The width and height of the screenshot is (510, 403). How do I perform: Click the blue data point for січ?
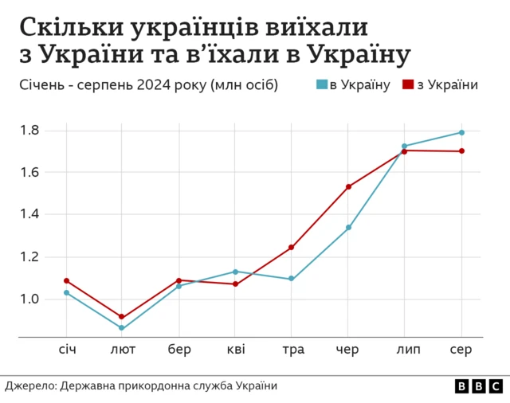tap(66, 292)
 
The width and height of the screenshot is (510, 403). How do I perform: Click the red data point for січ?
tap(66, 280)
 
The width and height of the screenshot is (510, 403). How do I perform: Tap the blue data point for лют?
tap(122, 327)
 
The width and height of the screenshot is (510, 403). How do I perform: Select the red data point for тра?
tap(292, 247)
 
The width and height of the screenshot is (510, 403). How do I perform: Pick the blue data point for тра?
tap(292, 279)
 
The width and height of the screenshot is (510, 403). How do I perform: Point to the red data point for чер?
tap(348, 186)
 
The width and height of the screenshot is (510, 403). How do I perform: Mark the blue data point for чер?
tap(348, 227)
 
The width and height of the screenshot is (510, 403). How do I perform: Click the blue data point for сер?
tap(461, 132)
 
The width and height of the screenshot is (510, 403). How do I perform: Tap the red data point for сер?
tap(461, 151)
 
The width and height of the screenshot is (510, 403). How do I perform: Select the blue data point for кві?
tap(235, 272)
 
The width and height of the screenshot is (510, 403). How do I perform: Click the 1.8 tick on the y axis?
tap(29, 130)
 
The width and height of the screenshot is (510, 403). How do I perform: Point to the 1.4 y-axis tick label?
tap(29, 214)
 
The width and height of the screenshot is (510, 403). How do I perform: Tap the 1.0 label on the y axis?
tap(29, 299)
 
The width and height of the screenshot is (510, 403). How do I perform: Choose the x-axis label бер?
tap(178, 350)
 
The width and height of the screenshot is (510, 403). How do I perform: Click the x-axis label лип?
tap(405, 350)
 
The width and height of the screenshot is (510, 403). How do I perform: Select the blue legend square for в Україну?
tap(322, 84)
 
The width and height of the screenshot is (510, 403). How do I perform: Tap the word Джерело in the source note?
tap(29, 385)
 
